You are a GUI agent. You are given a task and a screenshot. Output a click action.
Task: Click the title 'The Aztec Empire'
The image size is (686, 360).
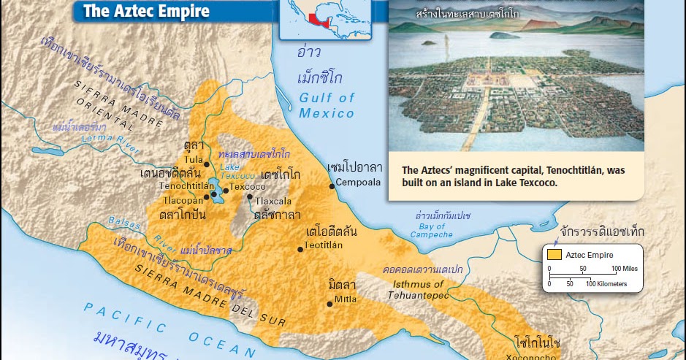click(x=145, y=11)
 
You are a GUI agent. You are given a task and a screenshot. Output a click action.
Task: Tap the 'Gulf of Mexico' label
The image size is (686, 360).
click(x=327, y=105)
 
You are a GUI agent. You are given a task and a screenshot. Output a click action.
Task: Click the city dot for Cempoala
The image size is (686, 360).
click(x=332, y=186)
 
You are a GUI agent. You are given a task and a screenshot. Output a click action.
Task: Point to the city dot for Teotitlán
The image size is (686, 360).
click(x=300, y=249)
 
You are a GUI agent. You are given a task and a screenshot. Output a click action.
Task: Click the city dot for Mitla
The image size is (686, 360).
click(x=330, y=303)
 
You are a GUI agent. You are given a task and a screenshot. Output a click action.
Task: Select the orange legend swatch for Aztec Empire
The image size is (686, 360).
click(x=555, y=255)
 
